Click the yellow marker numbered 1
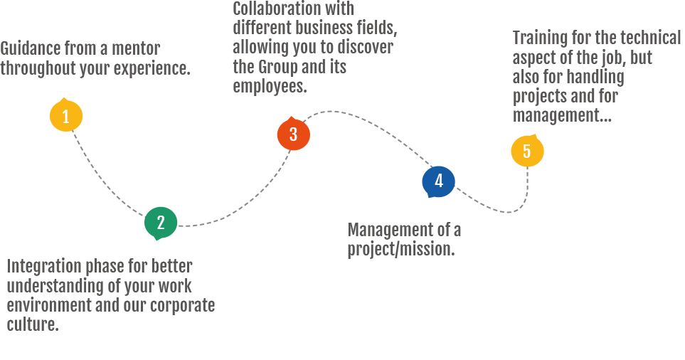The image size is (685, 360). point(66,116)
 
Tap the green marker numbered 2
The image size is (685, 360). point(161,223)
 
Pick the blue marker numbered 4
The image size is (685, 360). point(438,181)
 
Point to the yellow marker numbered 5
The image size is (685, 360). point(527,151)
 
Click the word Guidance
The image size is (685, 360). point(31,49)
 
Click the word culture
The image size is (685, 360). point(32,324)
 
